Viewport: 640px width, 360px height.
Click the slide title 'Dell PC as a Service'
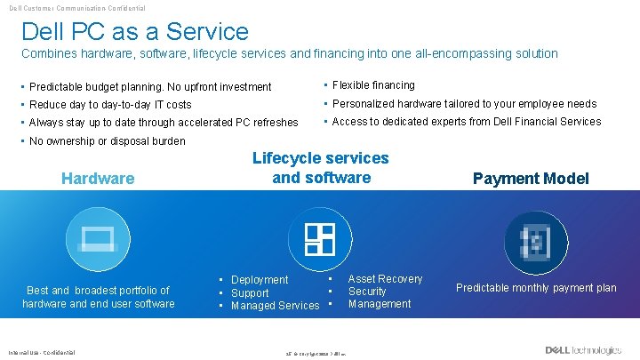pyautogui.click(x=135, y=32)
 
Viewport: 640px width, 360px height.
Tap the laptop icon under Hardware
pyautogui.click(x=98, y=238)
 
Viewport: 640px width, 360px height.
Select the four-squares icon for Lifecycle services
pyautogui.click(x=320, y=238)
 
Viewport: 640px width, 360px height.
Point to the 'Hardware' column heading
pyautogui.click(x=98, y=179)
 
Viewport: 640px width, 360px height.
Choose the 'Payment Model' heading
pyautogui.click(x=531, y=179)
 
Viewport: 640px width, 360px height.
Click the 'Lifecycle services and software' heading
pyautogui.click(x=321, y=168)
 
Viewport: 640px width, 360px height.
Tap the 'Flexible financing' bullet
pyautogui.click(x=373, y=85)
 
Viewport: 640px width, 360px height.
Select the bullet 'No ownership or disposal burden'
pyautogui.click(x=108, y=141)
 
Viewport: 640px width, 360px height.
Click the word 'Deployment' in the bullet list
pyautogui.click(x=260, y=280)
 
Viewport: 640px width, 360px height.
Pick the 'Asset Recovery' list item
pyautogui.click(x=385, y=279)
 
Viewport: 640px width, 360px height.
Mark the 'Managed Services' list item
pyautogui.click(x=275, y=306)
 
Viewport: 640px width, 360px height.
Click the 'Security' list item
pyautogui.click(x=367, y=292)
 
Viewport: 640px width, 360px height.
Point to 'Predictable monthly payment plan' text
pyautogui.click(x=536, y=288)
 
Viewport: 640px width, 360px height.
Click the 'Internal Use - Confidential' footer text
pyautogui.click(x=42, y=350)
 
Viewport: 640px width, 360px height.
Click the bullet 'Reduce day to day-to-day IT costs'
pyautogui.click(x=110, y=105)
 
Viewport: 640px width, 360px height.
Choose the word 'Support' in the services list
pyautogui.click(x=250, y=293)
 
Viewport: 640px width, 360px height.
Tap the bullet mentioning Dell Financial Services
pyautogui.click(x=466, y=122)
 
